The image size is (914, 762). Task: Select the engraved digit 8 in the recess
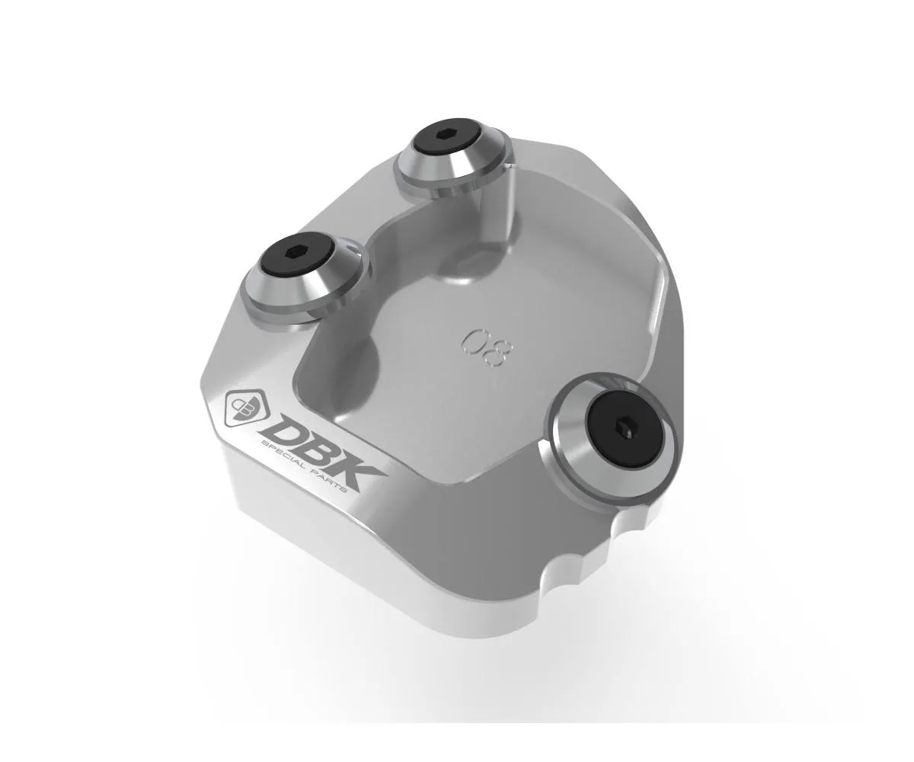(499, 353)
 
